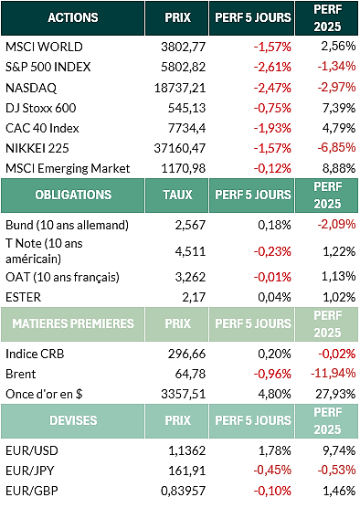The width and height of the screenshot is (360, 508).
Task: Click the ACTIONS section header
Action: click(x=73, y=17)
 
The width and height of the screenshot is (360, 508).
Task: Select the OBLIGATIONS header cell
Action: click(x=73, y=195)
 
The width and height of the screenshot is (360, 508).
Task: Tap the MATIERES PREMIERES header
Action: click(x=73, y=323)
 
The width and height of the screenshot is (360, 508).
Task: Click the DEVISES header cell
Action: click(x=73, y=420)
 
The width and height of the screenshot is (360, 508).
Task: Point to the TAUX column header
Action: click(x=177, y=195)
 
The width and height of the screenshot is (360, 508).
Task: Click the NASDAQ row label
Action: click(x=31, y=88)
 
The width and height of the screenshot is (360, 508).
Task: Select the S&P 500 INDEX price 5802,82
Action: click(x=184, y=67)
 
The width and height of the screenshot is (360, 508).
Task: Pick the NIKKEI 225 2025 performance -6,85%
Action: click(x=336, y=147)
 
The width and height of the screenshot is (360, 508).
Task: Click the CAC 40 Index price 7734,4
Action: click(x=186, y=128)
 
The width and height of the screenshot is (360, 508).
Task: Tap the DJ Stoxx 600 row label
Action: click(x=41, y=108)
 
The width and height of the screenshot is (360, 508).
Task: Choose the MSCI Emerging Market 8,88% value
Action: click(x=339, y=168)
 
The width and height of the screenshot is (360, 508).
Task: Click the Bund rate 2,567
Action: click(x=190, y=225)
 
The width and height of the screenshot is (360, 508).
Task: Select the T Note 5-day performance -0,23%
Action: click(x=272, y=251)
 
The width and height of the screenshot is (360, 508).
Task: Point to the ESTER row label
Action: click(x=24, y=297)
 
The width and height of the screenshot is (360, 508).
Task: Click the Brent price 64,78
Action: click(x=190, y=374)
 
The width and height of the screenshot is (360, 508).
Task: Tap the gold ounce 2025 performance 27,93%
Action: click(x=335, y=394)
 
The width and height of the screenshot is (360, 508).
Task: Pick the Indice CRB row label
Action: click(x=35, y=354)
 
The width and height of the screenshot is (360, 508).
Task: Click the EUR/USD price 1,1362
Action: click(x=187, y=450)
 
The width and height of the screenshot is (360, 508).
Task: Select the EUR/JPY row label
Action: click(x=30, y=471)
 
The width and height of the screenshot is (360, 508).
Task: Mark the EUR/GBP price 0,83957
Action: click(x=184, y=491)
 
